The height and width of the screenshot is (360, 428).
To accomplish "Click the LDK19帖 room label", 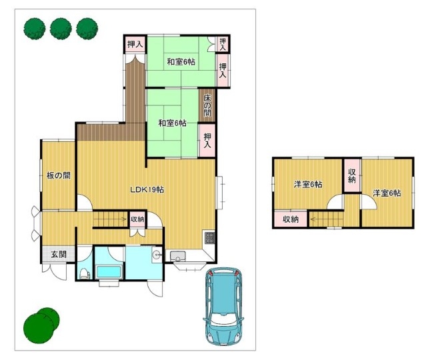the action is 147,189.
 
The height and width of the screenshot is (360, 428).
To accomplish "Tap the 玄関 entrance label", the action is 59,255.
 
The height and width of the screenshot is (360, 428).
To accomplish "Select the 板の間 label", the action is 59,175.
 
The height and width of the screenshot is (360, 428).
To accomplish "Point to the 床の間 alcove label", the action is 207,106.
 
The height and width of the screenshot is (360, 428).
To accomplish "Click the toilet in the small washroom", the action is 84,274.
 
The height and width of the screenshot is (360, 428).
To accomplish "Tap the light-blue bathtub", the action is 109,272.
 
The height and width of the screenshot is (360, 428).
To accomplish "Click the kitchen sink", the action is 178,256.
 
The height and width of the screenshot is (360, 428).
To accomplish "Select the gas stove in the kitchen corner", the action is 209,238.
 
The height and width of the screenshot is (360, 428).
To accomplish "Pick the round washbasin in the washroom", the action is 157,255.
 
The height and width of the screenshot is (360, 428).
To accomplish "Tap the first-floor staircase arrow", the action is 110,219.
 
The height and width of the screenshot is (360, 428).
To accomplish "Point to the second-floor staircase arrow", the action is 327,219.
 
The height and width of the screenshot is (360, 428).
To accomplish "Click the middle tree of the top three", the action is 61,29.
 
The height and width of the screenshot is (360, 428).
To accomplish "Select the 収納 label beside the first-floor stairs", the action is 137,219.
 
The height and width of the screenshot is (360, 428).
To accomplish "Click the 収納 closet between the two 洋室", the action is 351,176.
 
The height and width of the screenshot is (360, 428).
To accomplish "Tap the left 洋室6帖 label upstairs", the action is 308,185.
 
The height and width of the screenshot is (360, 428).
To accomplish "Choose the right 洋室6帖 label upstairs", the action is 387,193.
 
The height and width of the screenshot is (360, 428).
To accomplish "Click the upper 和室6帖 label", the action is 181,62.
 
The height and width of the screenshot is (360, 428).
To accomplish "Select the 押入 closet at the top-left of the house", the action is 135,45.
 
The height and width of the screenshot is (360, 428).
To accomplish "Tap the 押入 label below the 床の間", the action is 207,141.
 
